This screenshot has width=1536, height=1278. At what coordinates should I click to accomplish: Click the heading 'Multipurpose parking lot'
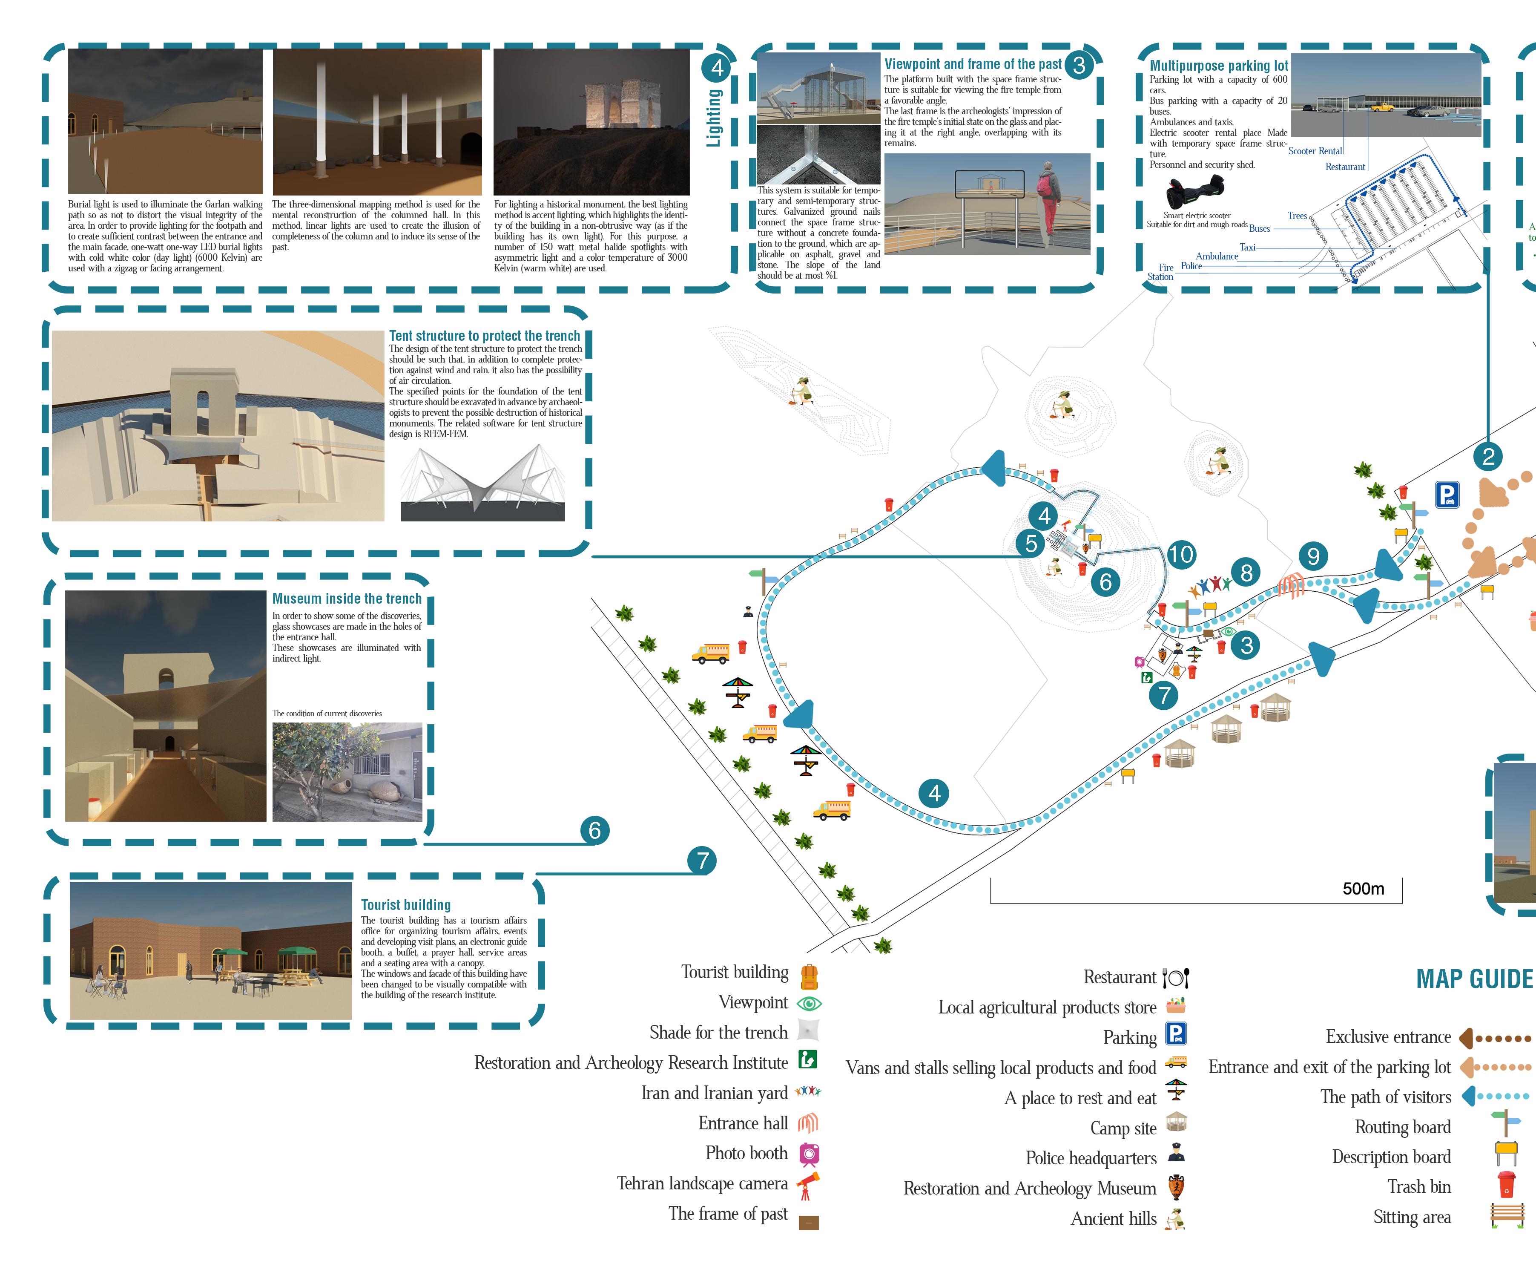[1219, 66]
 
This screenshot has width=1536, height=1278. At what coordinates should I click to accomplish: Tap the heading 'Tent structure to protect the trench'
[484, 336]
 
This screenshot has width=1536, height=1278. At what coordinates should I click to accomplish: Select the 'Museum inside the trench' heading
[347, 599]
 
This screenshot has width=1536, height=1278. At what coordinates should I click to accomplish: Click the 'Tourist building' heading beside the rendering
[406, 905]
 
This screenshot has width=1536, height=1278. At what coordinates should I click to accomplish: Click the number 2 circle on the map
[1488, 457]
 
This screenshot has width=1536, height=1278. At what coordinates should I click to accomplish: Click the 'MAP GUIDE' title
[1474, 979]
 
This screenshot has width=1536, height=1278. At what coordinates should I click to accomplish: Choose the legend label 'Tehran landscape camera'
[702, 1183]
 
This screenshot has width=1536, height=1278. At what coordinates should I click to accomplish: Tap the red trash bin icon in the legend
[1506, 1183]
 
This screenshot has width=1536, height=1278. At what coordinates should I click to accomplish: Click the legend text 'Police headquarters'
[1091, 1158]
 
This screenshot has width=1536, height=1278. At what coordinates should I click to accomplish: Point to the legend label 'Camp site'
[1123, 1128]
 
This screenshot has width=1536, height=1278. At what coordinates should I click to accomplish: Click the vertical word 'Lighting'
[714, 117]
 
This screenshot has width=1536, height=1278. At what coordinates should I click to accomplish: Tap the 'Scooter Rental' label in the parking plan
[1315, 151]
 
